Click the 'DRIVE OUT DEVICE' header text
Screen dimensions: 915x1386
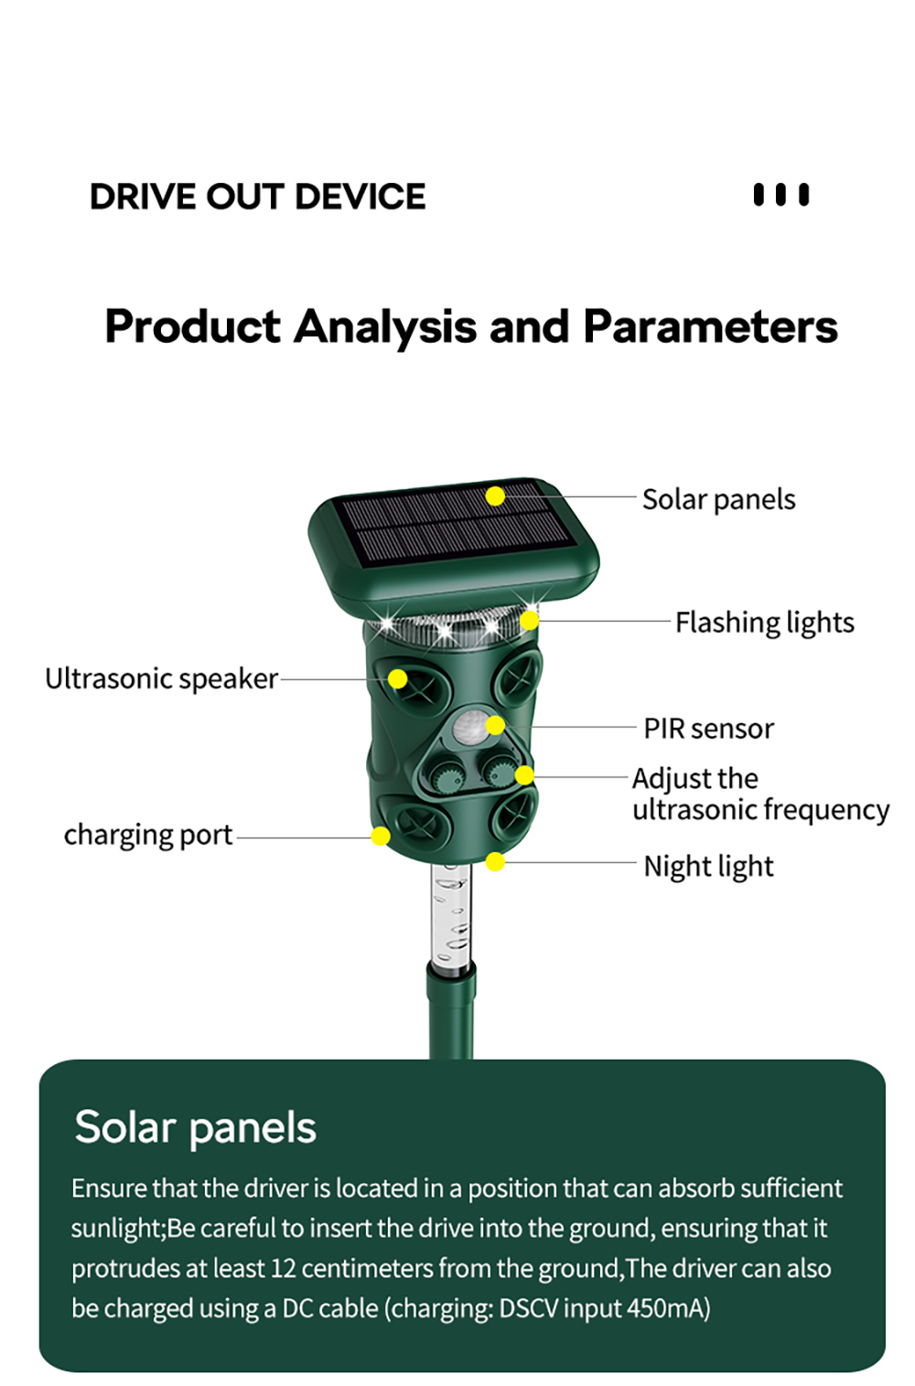[257, 197]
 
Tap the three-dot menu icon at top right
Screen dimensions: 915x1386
[781, 195]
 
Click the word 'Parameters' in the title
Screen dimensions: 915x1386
[711, 326]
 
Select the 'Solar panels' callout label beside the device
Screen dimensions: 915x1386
[719, 500]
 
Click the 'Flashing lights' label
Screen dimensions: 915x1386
[765, 624]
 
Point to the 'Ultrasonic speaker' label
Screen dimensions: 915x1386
[162, 679]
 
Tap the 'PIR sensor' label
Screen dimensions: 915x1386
[709, 729]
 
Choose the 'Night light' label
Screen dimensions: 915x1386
[709, 867]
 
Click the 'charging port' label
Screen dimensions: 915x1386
[148, 836]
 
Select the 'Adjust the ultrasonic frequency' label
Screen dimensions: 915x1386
[761, 794]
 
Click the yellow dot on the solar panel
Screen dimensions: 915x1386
[495, 496]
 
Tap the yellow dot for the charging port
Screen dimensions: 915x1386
[380, 837]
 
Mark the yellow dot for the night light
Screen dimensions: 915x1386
[495, 862]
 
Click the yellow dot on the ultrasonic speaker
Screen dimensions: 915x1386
[397, 678]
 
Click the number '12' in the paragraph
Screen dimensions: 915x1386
[283, 1268]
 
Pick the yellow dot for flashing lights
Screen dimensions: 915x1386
[529, 620]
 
